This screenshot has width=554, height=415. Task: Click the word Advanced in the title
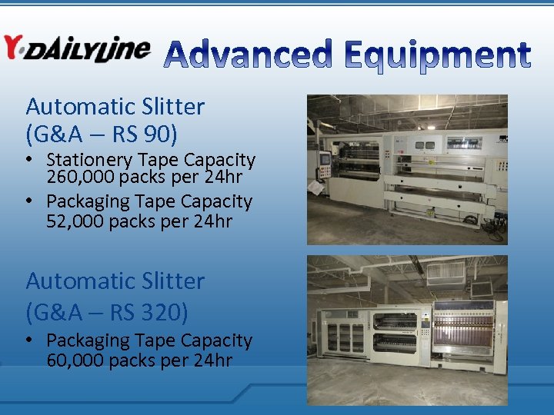[x=249, y=55]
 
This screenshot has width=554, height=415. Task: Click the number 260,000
[x=76, y=178]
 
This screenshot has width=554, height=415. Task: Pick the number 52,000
[x=72, y=221]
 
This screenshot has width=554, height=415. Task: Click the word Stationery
[x=88, y=160]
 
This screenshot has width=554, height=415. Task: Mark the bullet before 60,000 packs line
[x=30, y=340]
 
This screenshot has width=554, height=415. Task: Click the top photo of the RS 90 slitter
[x=407, y=169]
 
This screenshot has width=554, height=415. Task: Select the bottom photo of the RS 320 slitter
[x=407, y=330]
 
